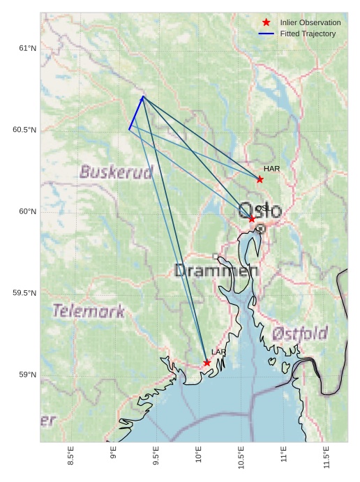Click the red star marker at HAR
[260, 179]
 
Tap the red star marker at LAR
[207, 363]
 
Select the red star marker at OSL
[252, 219]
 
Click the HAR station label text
[271, 169]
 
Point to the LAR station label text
[218, 352]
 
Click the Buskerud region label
[116, 172]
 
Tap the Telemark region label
[89, 311]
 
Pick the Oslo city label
[260, 211]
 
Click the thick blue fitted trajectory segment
[136, 113]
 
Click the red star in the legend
[266, 23]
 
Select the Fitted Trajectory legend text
[308, 33]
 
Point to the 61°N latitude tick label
[27, 48]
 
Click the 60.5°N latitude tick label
[24, 130]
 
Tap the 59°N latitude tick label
[27, 375]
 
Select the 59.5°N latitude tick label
[24, 293]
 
